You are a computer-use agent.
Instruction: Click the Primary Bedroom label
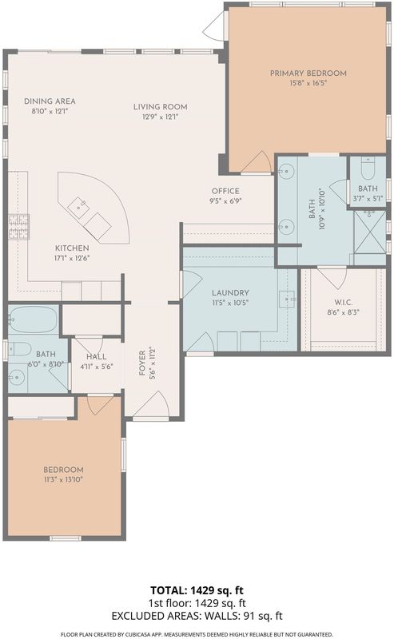point(308,73)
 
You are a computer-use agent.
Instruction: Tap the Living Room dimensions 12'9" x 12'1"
point(161,117)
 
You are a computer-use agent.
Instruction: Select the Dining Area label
point(50,101)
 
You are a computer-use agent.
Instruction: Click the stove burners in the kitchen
point(19,227)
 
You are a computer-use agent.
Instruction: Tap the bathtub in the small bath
point(33,320)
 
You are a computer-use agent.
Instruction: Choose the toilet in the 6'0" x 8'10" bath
point(18,348)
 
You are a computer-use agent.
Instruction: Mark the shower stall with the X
point(369,232)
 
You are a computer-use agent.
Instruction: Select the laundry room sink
point(287,299)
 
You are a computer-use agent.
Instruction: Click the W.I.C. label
point(343,303)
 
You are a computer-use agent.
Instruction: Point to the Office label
point(225,191)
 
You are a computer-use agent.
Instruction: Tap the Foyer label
point(142,363)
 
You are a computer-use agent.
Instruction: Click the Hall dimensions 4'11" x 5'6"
point(97,367)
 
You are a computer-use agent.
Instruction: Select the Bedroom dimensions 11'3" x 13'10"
point(63,480)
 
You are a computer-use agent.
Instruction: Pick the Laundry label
point(230,292)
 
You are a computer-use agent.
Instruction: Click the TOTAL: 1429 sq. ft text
point(197,590)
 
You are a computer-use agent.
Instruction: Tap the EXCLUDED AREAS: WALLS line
point(197,616)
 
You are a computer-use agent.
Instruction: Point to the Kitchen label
point(72,248)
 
